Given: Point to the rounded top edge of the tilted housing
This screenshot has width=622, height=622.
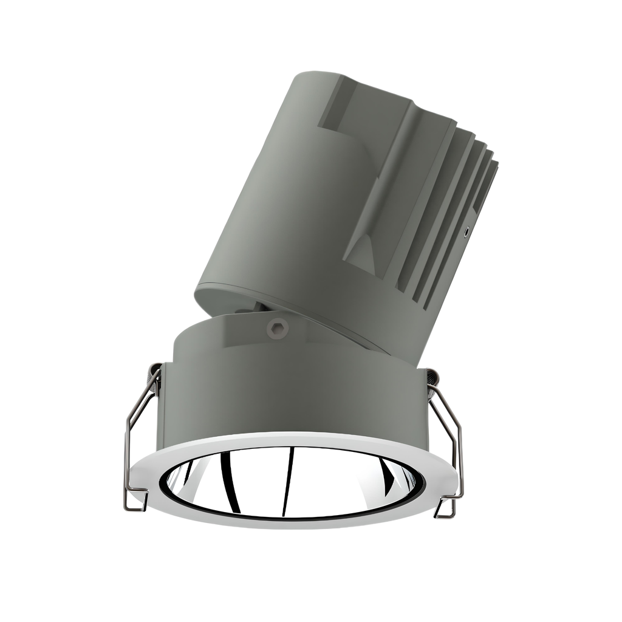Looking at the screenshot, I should coord(316,76).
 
